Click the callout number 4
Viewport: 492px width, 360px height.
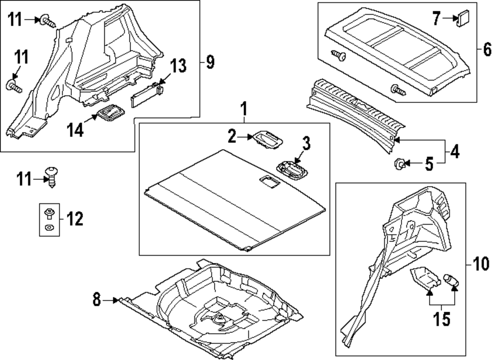pos(455,152)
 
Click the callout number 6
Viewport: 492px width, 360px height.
pos(487,49)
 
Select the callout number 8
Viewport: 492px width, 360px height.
pos(96,299)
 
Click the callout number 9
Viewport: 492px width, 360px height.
pos(210,62)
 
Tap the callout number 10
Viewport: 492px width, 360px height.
pos(482,264)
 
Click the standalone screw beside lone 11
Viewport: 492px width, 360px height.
pos(51,175)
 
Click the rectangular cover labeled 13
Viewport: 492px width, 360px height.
pos(146,93)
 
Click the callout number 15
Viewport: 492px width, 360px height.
pos(441,320)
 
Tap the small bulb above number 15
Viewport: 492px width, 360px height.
pos(451,280)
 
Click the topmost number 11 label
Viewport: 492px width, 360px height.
pos(16,20)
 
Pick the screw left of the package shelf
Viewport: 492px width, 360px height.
pos(338,56)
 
